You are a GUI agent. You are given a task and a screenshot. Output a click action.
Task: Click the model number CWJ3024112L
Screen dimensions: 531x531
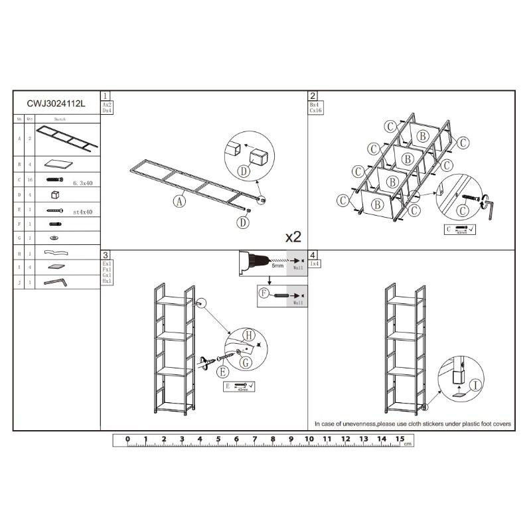point(56,104)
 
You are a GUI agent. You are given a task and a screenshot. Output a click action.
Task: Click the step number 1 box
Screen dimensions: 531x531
point(105,96)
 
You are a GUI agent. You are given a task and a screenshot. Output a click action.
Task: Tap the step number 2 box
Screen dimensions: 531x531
point(313,96)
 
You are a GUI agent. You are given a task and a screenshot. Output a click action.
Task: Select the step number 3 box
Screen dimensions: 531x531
point(105,255)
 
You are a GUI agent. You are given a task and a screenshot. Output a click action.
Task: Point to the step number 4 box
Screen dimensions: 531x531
point(313,255)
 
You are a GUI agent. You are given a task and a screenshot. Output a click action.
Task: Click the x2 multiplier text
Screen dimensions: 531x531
point(293,236)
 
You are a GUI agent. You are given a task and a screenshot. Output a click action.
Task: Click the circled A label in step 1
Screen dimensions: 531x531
point(179,200)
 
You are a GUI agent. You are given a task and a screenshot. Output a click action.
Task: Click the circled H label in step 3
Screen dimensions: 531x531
point(248,335)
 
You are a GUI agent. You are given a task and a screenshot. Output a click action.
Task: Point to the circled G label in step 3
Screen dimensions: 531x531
point(245,362)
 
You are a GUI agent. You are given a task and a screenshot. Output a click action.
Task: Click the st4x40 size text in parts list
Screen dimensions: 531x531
point(83,212)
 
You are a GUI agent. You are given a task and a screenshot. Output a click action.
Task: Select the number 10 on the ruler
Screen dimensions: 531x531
point(309,439)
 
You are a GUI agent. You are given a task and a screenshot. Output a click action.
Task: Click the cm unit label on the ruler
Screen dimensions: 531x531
point(407,443)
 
